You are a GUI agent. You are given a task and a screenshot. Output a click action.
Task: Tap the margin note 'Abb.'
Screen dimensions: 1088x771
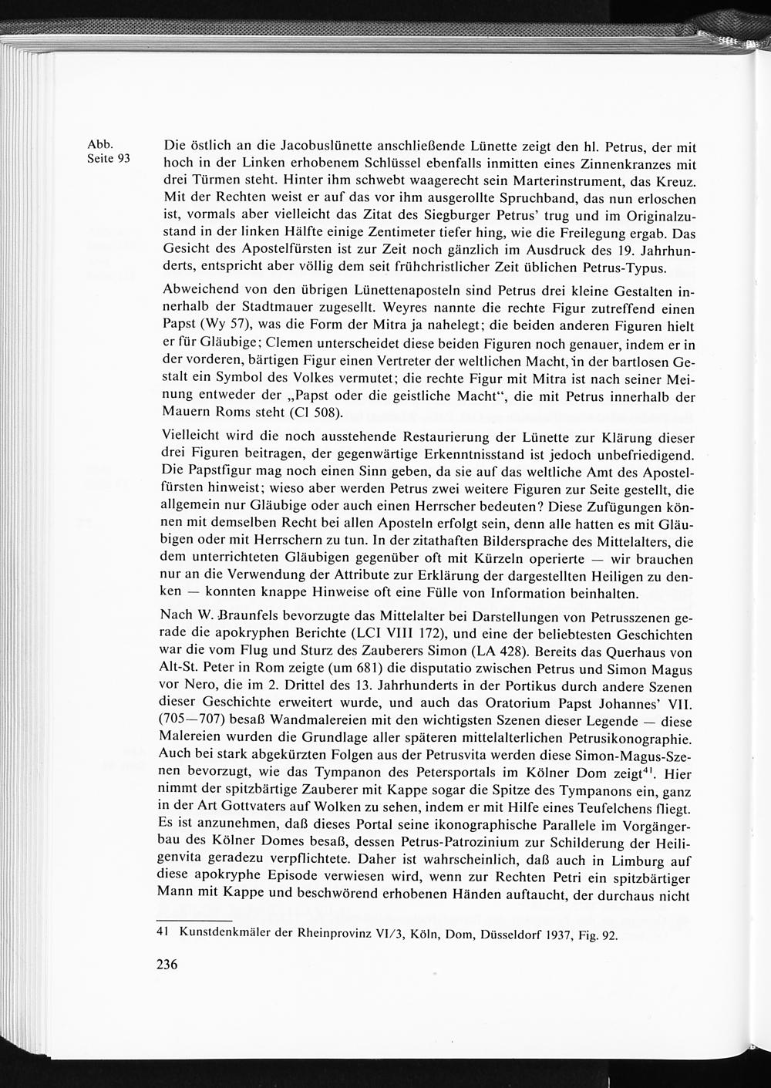[100, 144]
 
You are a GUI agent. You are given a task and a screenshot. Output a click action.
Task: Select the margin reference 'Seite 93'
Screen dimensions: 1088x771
[109, 160]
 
